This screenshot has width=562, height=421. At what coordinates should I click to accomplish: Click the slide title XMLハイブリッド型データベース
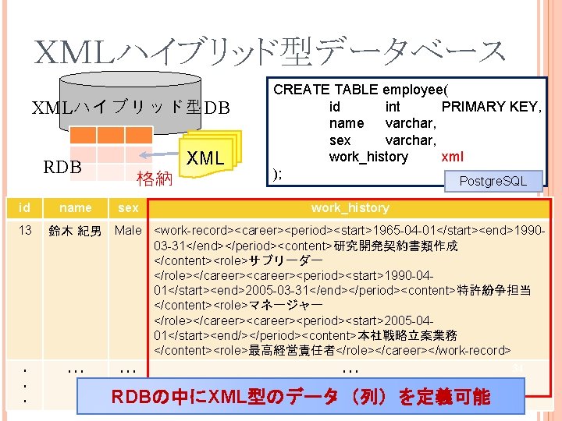pos(270,51)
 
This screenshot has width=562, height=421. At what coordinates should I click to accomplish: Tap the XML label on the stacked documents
pos(205,158)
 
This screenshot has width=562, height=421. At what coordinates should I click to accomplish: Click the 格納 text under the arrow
pos(154,179)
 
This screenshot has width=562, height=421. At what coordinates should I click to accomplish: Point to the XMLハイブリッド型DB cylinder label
pos(130,108)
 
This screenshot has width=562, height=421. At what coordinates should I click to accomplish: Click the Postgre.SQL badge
pos(493,182)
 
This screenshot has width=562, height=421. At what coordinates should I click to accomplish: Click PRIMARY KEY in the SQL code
pos(491,106)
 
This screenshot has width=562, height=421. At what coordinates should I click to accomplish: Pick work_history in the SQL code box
pos(368,157)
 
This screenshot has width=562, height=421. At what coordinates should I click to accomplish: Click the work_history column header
pos(350,208)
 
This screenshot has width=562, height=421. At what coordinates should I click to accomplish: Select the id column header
pos(25,208)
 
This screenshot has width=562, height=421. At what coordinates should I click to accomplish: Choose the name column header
pos(76,208)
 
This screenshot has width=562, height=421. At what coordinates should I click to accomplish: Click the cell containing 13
pos(25,231)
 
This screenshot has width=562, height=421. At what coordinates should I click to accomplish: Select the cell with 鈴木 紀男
pos(76,232)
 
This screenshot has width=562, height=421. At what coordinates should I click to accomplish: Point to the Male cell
pos(128,231)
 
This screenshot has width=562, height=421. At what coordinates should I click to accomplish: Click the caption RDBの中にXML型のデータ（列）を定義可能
pos(301,397)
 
